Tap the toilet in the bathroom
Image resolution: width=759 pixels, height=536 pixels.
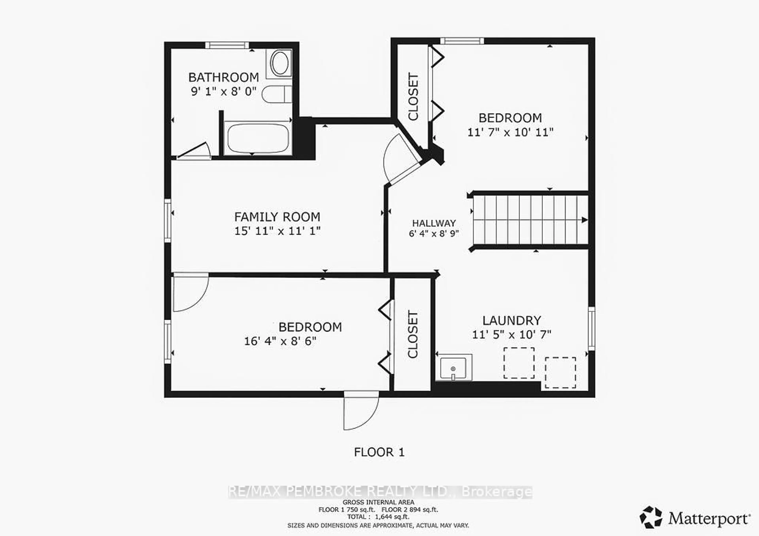point(276,94)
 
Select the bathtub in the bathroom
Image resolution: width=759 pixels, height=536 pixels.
point(257,138)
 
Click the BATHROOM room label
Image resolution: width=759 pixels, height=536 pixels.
point(224,77)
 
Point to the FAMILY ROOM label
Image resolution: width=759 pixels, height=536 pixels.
point(277,217)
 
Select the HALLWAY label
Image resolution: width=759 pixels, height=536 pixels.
point(434,223)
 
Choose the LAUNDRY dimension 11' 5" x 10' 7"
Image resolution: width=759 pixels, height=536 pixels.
point(511,335)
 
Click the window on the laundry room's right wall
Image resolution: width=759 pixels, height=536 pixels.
point(591,329)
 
